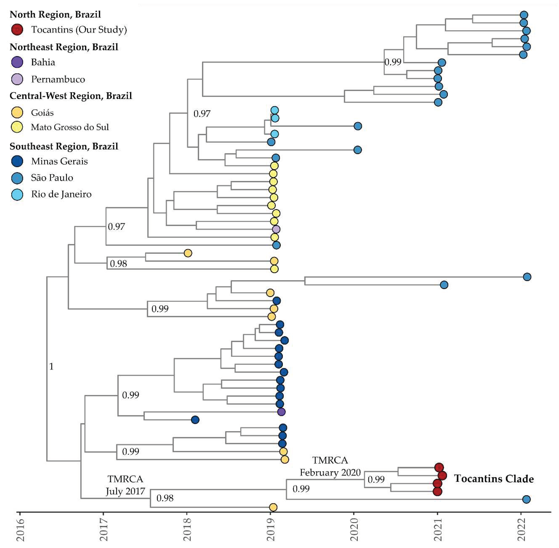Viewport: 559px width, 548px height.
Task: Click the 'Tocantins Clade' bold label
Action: pos(494,479)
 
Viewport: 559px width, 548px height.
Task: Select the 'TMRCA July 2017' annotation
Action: pos(125,485)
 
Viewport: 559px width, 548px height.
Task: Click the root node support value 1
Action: pos(51,367)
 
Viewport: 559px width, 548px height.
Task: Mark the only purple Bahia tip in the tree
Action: pos(281,412)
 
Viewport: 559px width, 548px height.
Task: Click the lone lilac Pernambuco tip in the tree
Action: pos(276,229)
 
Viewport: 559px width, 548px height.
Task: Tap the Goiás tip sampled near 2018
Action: pos(188,253)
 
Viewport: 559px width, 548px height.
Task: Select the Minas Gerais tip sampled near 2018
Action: pos(195,420)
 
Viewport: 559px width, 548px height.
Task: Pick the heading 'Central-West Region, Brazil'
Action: pos(71,96)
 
